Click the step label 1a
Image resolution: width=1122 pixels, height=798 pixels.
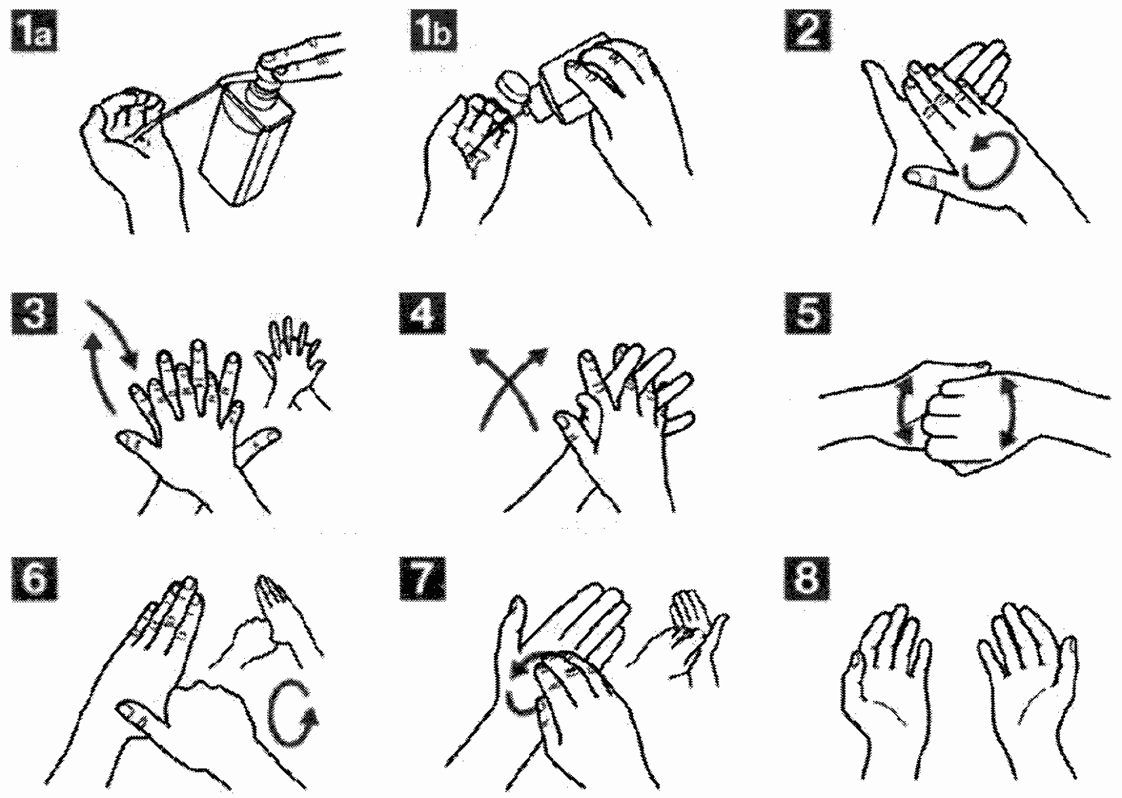(33, 32)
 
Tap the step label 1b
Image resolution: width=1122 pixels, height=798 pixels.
(433, 32)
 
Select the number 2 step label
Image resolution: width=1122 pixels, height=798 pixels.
(807, 32)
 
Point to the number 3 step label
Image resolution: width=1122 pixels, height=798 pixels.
(33, 313)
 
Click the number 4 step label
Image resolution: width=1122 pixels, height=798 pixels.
(422, 313)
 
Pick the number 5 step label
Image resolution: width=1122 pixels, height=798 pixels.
(807, 313)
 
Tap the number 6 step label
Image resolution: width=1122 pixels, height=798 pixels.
(33, 579)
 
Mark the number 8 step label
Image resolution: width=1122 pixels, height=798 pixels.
(807, 579)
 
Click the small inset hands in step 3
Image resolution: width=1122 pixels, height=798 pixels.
(293, 363)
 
